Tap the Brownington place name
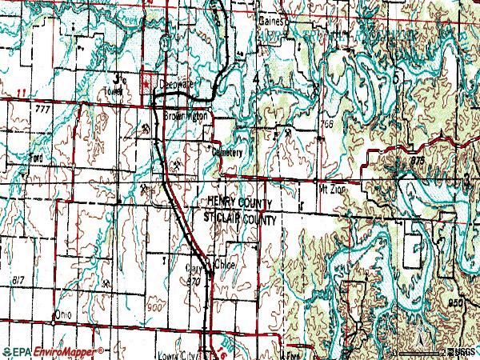pos(186,116)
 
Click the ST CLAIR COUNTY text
pos(240,218)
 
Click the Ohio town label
pos(62,314)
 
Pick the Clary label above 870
pos(194,270)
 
